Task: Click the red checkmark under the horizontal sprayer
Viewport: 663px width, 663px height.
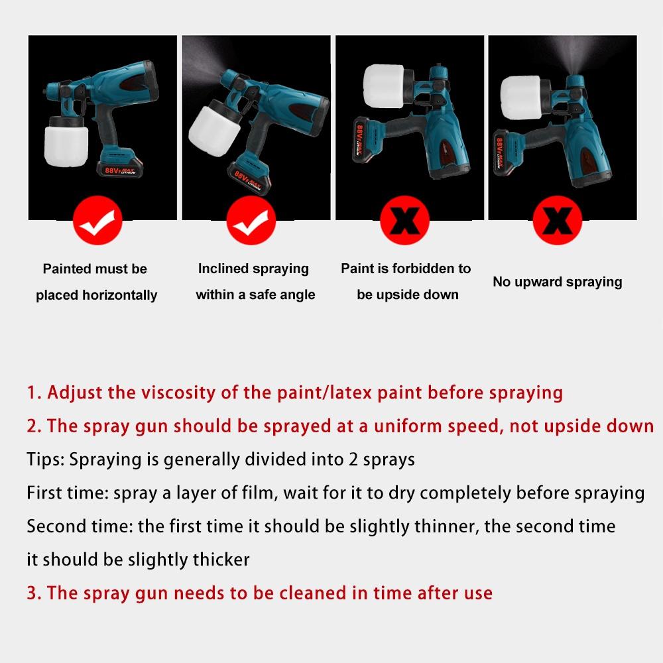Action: (x=97, y=221)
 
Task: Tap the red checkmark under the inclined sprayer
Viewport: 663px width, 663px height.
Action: (x=251, y=221)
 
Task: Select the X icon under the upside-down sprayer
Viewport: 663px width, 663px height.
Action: (x=404, y=221)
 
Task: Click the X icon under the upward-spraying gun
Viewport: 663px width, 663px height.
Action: (x=558, y=221)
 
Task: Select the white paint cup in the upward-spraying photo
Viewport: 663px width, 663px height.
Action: (x=523, y=91)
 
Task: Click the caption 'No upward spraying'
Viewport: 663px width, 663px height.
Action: (x=557, y=282)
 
